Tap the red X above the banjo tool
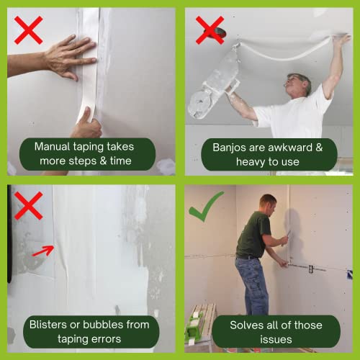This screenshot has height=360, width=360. [209, 30]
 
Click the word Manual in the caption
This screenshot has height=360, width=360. [53, 147]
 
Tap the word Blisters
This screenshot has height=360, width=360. [48, 325]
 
